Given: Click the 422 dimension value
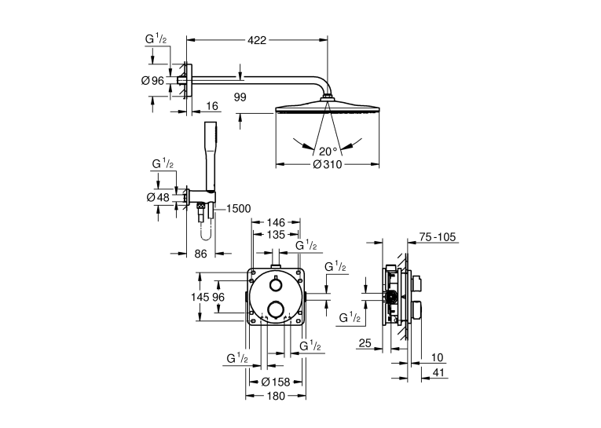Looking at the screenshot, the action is (257, 40).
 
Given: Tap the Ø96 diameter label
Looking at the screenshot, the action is (152, 80).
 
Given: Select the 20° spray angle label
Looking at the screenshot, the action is (328, 152).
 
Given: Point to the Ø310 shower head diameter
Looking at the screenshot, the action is (328, 164).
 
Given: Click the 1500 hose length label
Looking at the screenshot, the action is (238, 209).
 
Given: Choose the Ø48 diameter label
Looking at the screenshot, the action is (158, 197).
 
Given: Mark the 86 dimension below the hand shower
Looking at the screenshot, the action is (200, 254).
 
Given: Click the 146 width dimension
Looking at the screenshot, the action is (276, 222).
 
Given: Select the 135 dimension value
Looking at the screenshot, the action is (276, 234).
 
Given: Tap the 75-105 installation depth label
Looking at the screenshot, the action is (438, 237).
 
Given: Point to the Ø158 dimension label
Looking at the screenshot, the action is (276, 382).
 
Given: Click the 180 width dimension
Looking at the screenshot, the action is (276, 396).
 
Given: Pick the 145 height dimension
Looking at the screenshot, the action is (200, 297).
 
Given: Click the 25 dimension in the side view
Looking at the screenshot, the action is (365, 343).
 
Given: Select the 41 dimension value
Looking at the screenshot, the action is (438, 372).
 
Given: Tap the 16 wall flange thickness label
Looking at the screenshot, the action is (211, 106).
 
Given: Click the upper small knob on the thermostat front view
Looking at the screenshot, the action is (276, 284).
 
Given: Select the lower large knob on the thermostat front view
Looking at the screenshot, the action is (276, 309).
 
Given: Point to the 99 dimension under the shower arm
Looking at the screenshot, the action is (240, 97).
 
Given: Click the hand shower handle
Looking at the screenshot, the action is (211, 156).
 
